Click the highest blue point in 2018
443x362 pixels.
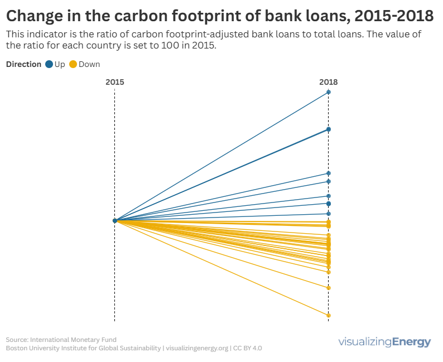tap(329, 92)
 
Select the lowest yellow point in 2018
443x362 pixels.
tap(329, 316)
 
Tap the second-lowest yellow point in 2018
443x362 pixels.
tap(329, 288)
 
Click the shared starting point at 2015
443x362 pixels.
tap(115, 221)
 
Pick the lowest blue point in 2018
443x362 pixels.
tap(329, 214)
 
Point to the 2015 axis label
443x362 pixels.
tap(115, 82)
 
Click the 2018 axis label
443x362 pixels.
tap(329, 82)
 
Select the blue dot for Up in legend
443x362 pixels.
tap(49, 64)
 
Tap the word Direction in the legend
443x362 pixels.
tap(23, 64)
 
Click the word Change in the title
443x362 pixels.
tap(36, 16)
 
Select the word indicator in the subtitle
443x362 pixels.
tap(46, 35)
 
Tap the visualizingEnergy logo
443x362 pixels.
tap(385, 342)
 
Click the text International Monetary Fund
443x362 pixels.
tap(73, 339)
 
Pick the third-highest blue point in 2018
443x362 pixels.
tap(329, 173)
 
